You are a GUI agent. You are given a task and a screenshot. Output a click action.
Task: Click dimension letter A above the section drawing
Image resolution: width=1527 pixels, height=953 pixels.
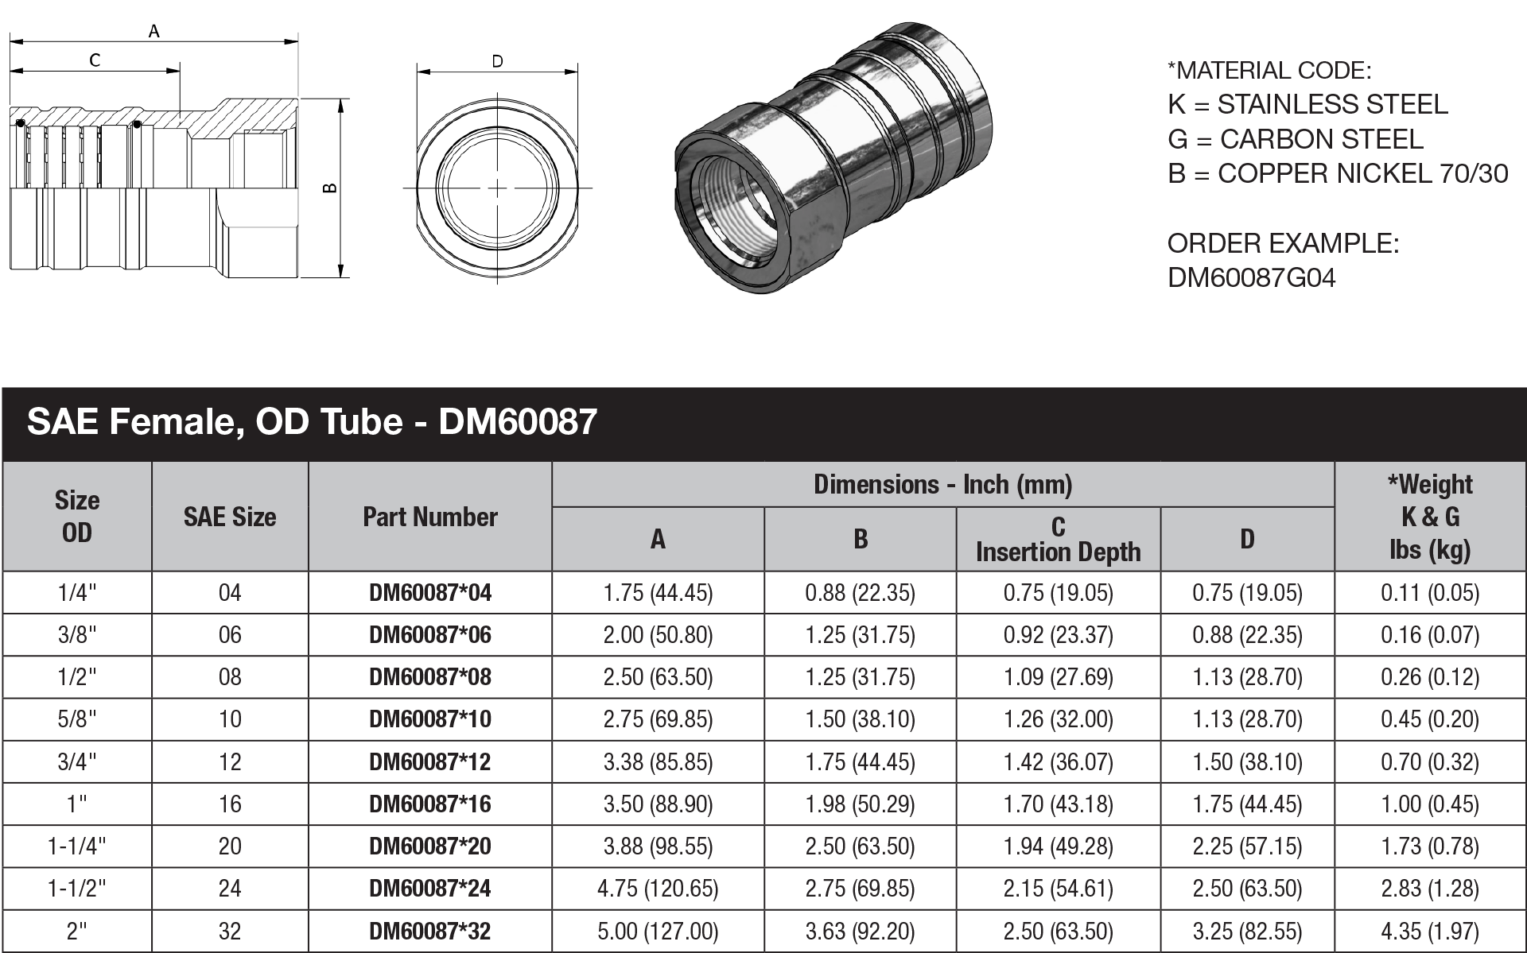click(154, 31)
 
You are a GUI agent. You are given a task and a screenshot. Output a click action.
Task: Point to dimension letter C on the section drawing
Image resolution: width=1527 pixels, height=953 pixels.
click(95, 60)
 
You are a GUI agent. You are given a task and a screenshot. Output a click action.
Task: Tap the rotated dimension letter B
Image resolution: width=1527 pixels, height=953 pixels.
click(330, 188)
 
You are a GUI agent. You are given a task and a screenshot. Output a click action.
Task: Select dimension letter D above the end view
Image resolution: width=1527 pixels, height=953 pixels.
click(497, 61)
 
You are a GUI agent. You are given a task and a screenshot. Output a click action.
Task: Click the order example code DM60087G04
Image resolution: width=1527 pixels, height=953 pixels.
click(1251, 277)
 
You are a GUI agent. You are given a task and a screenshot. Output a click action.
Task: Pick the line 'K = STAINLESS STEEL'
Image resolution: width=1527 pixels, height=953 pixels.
click(1307, 104)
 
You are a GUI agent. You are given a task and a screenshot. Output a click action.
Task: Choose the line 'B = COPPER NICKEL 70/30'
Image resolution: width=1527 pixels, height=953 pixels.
click(1338, 173)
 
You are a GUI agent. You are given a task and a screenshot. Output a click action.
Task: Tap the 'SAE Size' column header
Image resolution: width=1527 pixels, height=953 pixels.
click(230, 517)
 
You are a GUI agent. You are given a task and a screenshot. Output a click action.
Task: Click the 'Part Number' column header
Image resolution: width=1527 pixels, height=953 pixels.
click(430, 517)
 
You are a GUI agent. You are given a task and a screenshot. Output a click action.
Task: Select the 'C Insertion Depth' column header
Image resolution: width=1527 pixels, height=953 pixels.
click(1058, 540)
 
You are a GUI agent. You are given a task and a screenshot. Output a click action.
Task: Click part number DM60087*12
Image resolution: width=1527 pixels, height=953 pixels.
click(430, 761)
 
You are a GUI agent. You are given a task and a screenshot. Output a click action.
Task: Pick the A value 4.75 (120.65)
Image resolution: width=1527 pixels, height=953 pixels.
click(658, 888)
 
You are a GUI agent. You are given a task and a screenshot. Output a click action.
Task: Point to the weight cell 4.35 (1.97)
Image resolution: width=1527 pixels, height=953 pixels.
click(1430, 931)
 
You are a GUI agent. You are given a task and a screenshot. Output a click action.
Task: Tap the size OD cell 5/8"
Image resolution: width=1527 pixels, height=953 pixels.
click(77, 719)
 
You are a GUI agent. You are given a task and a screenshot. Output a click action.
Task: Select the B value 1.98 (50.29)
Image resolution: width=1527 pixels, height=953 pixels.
click(860, 804)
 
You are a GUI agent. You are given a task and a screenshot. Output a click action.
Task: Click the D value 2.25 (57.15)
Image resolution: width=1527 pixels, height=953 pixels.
click(1247, 846)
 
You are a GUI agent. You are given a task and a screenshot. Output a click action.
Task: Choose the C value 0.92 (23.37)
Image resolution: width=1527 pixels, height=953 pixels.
click(1058, 634)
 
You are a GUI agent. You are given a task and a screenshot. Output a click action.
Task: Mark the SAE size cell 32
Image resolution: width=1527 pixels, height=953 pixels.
click(230, 931)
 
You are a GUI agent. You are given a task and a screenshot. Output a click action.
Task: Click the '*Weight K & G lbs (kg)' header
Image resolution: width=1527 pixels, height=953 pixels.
click(1430, 517)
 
